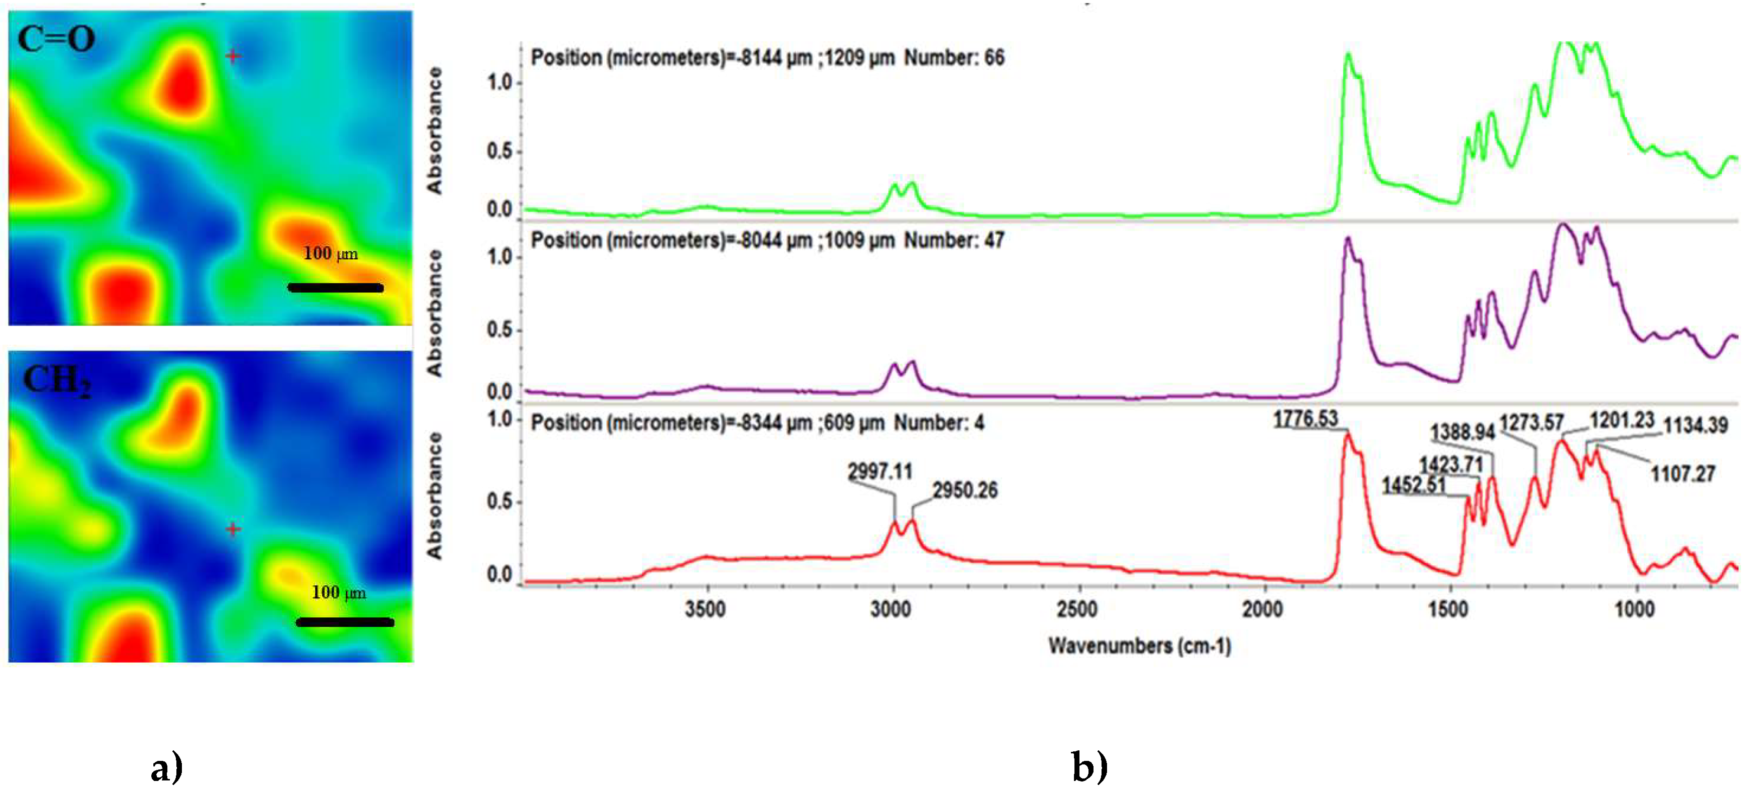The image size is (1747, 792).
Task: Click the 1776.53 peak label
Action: click(1305, 419)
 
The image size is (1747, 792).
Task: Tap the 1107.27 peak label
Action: click(1682, 473)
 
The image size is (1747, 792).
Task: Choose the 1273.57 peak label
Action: click(1531, 423)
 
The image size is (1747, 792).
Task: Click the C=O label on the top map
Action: click(56, 39)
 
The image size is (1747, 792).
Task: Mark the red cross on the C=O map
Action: click(233, 56)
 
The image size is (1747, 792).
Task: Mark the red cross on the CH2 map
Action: click(233, 529)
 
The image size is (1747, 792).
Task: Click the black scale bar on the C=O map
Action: click(336, 288)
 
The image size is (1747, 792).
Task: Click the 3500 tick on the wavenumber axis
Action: click(705, 609)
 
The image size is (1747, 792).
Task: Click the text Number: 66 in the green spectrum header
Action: click(954, 58)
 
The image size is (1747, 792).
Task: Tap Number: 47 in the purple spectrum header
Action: click(954, 240)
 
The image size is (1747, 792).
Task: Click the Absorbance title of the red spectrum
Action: click(434, 496)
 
